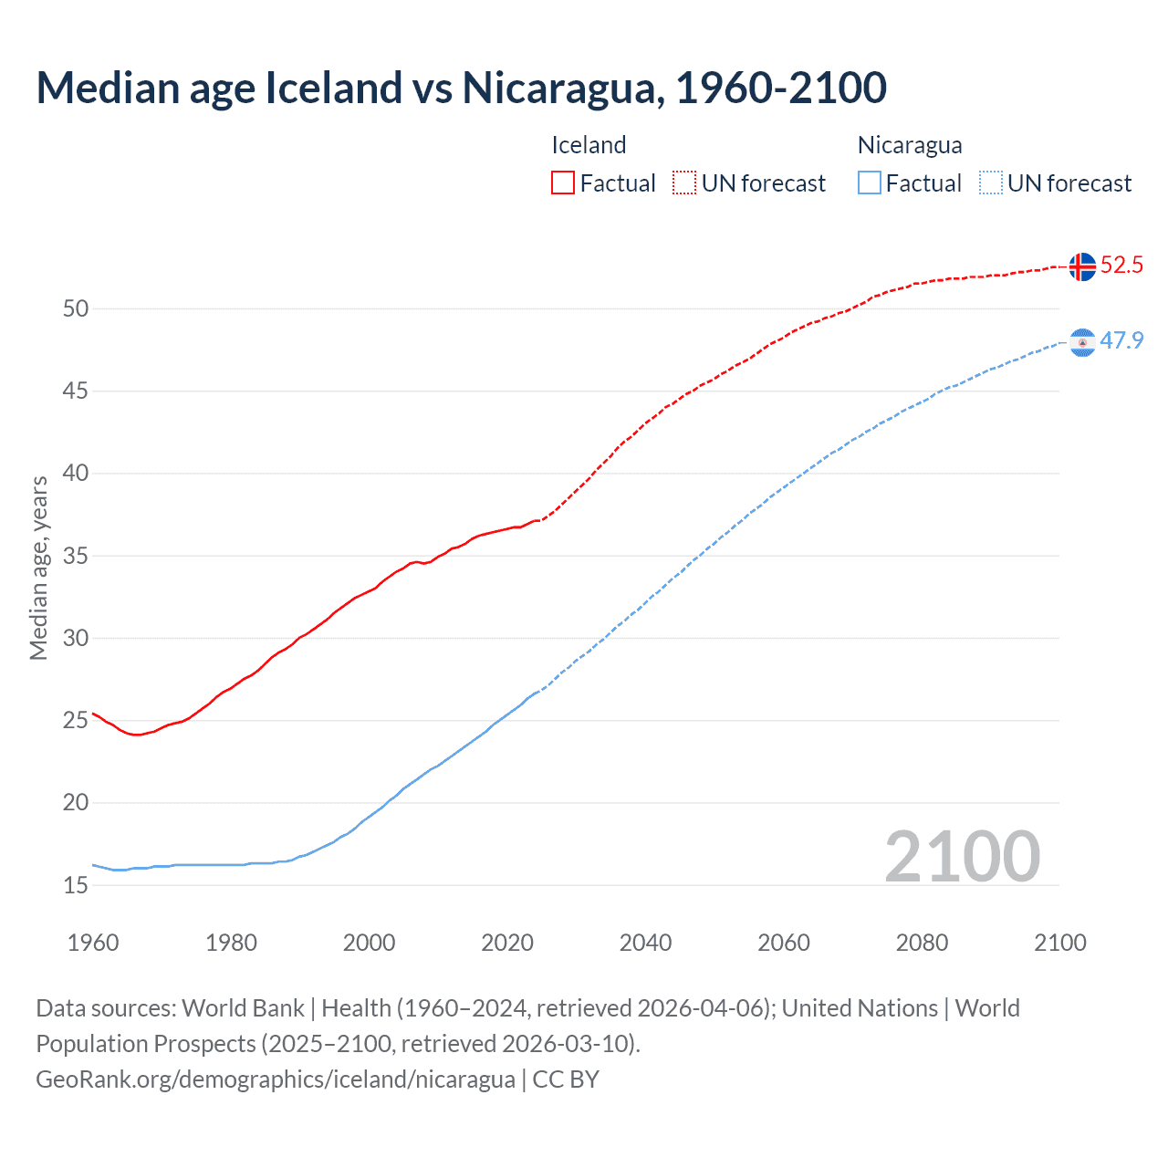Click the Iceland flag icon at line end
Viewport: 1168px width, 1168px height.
[1082, 266]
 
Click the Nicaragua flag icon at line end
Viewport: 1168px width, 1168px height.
[1082, 342]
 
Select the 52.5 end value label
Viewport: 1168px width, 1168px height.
[1121, 266]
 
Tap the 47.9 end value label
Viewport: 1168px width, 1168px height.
[1121, 341]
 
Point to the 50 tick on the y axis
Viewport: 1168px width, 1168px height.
[76, 308]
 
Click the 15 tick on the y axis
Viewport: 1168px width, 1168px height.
[76, 885]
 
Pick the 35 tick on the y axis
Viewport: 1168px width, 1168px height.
[76, 556]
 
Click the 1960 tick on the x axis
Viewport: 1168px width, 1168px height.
[93, 943]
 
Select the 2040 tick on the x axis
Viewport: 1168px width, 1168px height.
[645, 943]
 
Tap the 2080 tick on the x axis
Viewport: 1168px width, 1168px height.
[922, 943]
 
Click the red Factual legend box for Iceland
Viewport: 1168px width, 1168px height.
[563, 183]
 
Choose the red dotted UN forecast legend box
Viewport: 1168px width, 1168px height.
[684, 183]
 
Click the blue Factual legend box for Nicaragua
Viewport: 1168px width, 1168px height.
[870, 183]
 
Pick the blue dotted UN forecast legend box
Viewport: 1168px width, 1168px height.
[991, 183]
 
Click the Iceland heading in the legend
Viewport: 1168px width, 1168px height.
[589, 145]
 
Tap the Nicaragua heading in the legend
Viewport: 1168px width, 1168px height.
[910, 145]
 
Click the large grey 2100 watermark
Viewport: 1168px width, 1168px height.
[963, 857]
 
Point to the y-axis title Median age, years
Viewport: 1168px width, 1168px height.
[38, 568]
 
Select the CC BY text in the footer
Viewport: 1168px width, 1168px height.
[566, 1079]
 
